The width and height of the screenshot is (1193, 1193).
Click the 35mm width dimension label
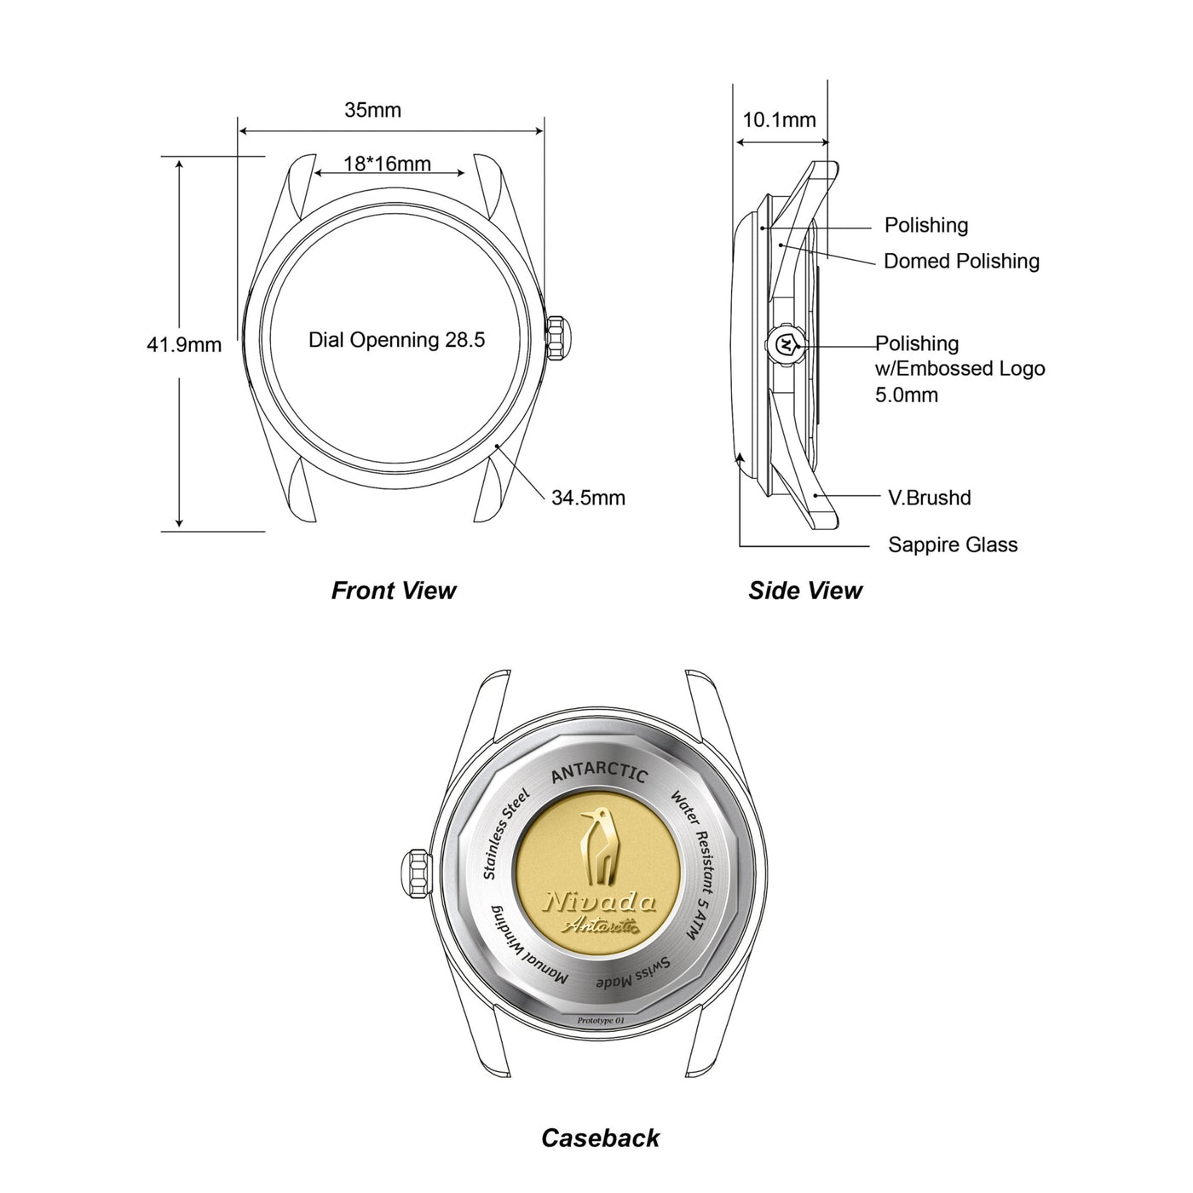pyautogui.click(x=372, y=110)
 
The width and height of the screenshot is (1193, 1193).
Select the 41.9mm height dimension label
pyautogui.click(x=184, y=344)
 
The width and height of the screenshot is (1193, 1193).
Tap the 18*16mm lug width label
pyautogui.click(x=388, y=164)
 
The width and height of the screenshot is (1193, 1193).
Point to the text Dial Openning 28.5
pyautogui.click(x=397, y=339)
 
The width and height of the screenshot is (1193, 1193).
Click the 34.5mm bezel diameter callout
pyautogui.click(x=588, y=498)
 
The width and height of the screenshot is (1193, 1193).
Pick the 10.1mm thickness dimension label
pyautogui.click(x=780, y=119)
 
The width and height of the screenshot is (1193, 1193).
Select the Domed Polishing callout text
pyautogui.click(x=961, y=261)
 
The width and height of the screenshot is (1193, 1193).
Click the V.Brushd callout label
pyautogui.click(x=930, y=498)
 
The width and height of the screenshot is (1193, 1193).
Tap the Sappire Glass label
pyautogui.click(x=953, y=545)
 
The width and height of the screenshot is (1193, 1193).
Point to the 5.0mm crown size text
pyautogui.click(x=907, y=395)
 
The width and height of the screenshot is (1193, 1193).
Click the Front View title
pyautogui.click(x=394, y=591)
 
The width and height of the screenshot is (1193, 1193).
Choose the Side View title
pyautogui.click(x=804, y=591)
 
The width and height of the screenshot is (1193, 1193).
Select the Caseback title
pyautogui.click(x=601, y=1138)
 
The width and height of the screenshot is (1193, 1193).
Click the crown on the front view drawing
pyautogui.click(x=558, y=337)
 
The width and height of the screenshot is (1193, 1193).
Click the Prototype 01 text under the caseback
pyautogui.click(x=601, y=1021)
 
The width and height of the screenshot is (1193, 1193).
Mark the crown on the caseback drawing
pyautogui.click(x=418, y=871)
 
